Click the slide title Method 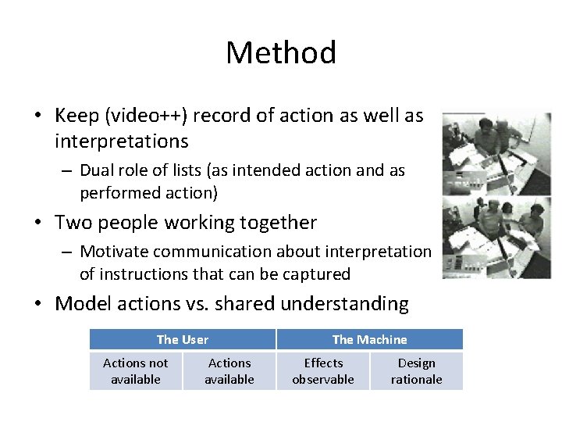coord(281,53)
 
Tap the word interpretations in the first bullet coord(121,141)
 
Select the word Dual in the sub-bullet coord(98,170)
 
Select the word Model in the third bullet coord(82,304)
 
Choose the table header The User coord(183,339)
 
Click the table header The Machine coord(369,339)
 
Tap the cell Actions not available coord(136,371)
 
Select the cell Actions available coord(229,371)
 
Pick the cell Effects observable coord(323,371)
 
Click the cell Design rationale coord(416,371)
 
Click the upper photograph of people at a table coord(496,152)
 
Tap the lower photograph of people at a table coord(496,237)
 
